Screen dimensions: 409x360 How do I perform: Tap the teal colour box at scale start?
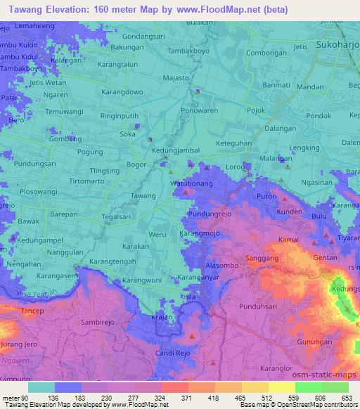[x=41, y=387]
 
